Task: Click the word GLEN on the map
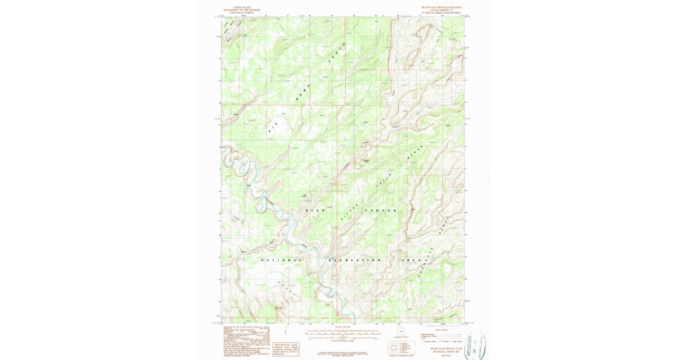315,211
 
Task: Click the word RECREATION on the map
354,261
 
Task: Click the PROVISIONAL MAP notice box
287,349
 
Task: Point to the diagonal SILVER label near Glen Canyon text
349,212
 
